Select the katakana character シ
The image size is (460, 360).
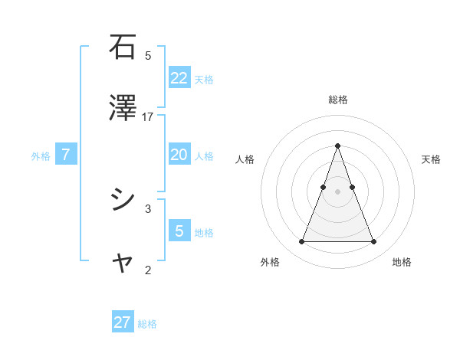123,200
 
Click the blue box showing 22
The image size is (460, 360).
179,77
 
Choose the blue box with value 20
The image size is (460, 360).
179,155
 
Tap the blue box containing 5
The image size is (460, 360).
179,231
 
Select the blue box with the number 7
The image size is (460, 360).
66,155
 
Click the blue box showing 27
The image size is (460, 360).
123,322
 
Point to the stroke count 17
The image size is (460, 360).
148,116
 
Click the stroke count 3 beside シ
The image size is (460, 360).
148,208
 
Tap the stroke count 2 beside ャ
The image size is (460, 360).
148,270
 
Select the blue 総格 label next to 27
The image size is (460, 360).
147,324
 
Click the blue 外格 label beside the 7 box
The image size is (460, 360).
41,156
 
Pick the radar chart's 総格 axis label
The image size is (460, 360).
338,100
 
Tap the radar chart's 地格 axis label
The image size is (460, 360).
402,262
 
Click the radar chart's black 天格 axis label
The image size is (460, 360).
431,159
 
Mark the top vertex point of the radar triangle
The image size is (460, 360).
338,146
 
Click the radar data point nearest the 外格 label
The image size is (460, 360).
301,242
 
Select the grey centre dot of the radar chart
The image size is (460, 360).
338,191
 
